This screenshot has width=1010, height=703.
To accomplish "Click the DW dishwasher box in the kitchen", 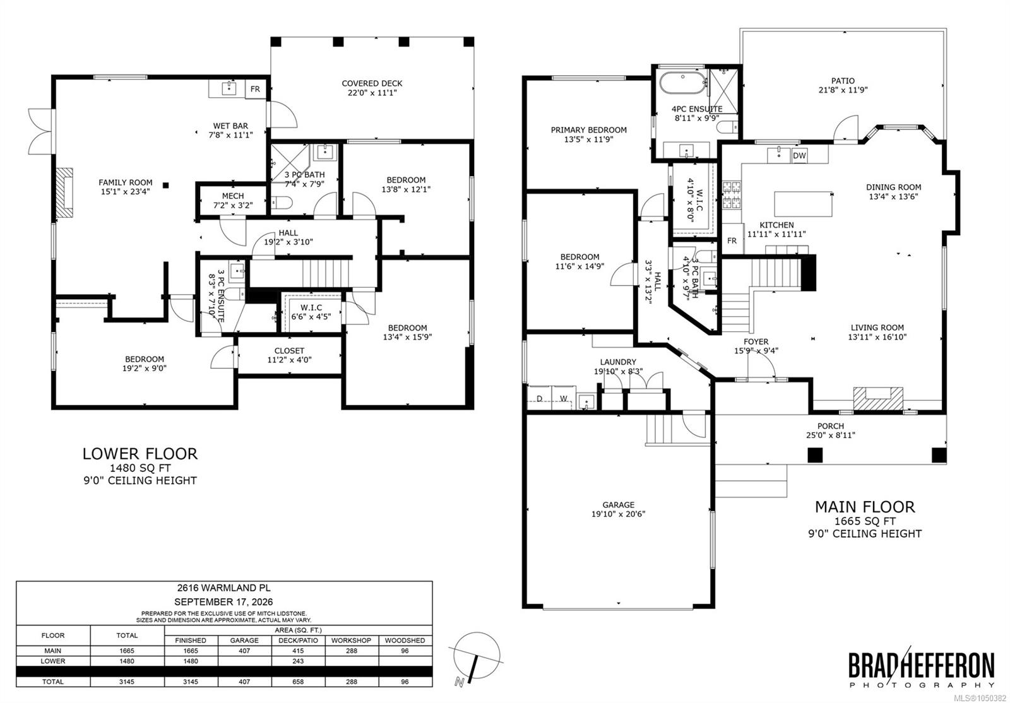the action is tap(799, 156).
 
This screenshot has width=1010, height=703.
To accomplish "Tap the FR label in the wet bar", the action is tap(255, 89).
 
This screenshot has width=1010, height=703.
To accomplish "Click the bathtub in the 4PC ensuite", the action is tap(682, 83).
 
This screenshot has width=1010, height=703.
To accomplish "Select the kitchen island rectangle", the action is tap(804, 204).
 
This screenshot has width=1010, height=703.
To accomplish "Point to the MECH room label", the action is tap(233, 196).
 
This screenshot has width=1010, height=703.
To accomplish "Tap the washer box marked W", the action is tap(564, 398).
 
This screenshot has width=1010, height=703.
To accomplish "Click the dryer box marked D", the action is tap(539, 398).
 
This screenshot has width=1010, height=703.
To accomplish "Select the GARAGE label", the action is tap(618, 505).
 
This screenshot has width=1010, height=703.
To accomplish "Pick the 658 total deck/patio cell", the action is tap(298, 682).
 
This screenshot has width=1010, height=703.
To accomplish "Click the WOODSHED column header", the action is tap(405, 641).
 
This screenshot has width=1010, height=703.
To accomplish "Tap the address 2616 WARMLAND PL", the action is tap(223, 588).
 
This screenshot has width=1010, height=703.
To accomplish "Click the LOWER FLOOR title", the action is tap(140, 454).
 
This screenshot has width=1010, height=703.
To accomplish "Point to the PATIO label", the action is tap(843, 81).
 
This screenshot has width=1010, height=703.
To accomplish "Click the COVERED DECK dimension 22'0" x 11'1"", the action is tap(372, 93).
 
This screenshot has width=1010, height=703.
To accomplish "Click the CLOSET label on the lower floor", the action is tap(289, 351).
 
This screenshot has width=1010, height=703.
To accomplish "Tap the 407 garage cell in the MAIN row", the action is tap(244, 651).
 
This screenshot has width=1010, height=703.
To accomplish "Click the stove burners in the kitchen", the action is tap(732, 194).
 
